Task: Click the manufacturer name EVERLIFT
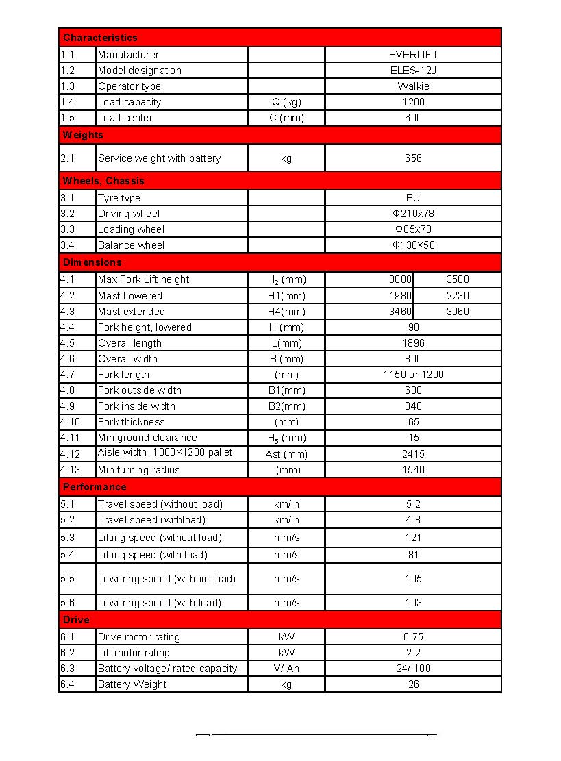413,55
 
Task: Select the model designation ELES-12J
413,71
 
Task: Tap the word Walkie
413,86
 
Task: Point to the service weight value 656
413,158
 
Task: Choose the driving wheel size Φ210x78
413,214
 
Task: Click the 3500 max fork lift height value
458,279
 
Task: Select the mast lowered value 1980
400,296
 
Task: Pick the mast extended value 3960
458,312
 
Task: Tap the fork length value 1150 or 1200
413,375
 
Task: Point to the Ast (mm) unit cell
286,454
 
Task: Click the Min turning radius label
138,470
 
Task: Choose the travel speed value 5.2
413,504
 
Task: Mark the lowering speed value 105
413,579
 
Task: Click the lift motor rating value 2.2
413,653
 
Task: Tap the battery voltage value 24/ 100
413,669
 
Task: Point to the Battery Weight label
132,684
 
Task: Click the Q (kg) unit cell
286,102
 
